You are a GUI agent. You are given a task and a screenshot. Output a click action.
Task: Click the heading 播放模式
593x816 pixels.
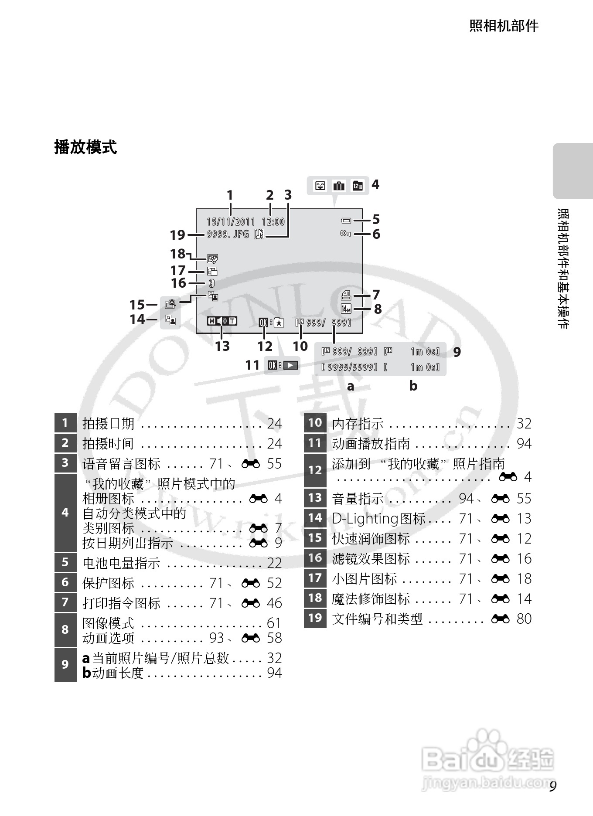click(85, 147)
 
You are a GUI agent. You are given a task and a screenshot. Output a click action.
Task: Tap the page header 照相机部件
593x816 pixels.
click(504, 26)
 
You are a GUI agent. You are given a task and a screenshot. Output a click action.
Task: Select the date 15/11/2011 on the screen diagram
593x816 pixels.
click(231, 222)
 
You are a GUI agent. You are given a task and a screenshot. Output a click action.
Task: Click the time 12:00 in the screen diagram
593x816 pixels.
click(273, 222)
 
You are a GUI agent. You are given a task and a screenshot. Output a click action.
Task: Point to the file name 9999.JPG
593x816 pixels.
click(228, 234)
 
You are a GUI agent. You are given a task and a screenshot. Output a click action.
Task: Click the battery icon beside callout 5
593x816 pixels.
click(346, 221)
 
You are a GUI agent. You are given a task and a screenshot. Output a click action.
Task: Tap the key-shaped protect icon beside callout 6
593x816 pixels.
click(345, 234)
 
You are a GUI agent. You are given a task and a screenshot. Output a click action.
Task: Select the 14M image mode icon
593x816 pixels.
click(346, 309)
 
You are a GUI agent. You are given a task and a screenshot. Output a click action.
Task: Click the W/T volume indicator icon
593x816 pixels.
click(222, 321)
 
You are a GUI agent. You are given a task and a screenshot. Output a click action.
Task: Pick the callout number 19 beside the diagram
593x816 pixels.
click(177, 235)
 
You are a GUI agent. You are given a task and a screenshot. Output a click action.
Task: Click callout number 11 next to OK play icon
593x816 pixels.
click(252, 365)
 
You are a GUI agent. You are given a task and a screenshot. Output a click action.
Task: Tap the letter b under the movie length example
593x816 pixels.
click(413, 386)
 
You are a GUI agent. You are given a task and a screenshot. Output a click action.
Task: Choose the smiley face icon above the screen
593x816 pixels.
click(320, 186)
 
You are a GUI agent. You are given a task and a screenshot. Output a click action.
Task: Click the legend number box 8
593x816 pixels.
click(65, 630)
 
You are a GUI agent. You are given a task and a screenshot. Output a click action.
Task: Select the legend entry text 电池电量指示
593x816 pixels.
click(121, 563)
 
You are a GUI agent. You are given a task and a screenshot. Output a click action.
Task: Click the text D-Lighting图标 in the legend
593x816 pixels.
click(378, 518)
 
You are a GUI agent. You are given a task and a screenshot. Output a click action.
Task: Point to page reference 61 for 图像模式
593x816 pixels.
click(274, 623)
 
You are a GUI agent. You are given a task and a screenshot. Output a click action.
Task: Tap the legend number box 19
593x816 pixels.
click(315, 619)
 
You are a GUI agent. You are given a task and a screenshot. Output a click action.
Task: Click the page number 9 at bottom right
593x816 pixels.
click(553, 787)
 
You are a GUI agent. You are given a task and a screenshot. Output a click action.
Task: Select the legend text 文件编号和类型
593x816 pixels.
click(377, 619)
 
